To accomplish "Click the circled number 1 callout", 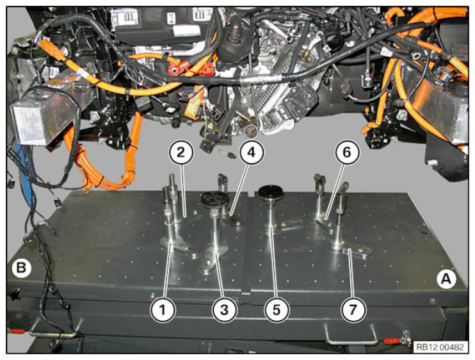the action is click(163, 309).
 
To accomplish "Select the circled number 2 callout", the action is click(181, 152).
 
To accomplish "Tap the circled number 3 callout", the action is click(224, 309).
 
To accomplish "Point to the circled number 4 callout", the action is click(251, 152).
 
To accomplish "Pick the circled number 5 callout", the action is click(277, 309).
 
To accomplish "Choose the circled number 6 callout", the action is click(347, 152).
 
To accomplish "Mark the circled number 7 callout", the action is click(353, 309).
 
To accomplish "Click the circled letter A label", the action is click(446, 279).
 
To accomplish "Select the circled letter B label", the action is click(21, 268).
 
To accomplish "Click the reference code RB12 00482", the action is click(440, 347).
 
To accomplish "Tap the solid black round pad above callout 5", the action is click(271, 192).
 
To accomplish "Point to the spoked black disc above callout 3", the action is click(214, 199).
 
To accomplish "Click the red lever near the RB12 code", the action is click(392, 341).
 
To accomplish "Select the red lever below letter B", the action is click(17, 331).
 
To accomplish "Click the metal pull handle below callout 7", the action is click(351, 336).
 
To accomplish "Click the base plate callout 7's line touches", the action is click(348, 249).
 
